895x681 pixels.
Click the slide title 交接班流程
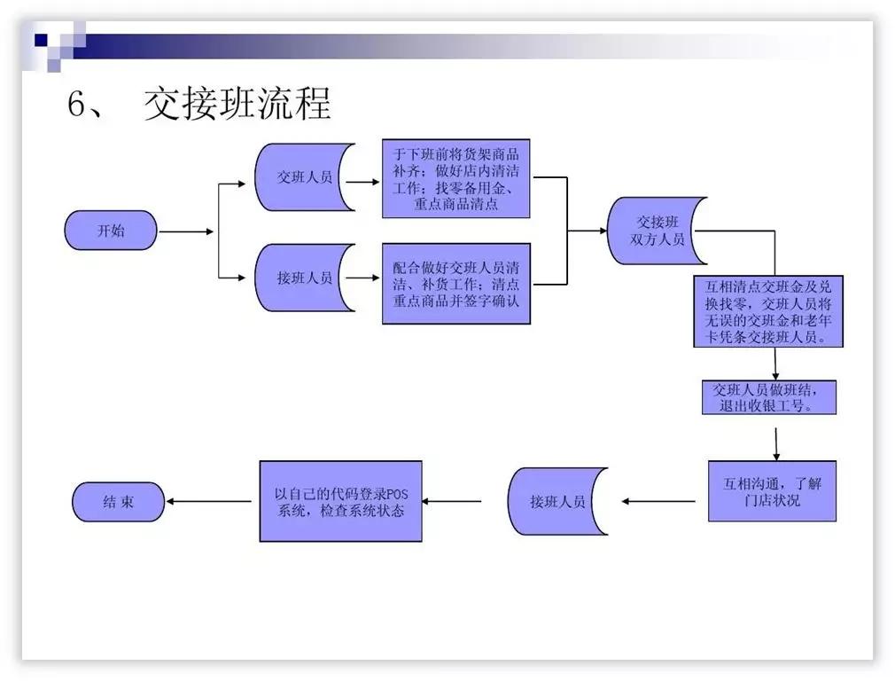click(x=237, y=105)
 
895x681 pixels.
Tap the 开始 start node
click(x=111, y=231)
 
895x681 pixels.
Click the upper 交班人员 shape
click(x=304, y=176)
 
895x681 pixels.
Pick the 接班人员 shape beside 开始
click(x=304, y=278)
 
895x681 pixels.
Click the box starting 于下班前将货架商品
click(x=455, y=178)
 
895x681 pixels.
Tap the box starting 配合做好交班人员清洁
click(x=455, y=283)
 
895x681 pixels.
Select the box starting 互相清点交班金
click(x=767, y=311)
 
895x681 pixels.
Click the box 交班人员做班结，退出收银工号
click(x=767, y=397)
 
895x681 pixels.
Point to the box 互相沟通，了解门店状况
click(x=772, y=491)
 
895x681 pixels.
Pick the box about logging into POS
click(x=340, y=501)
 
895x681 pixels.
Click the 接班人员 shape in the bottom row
click(x=557, y=502)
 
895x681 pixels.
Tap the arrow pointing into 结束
click(x=211, y=502)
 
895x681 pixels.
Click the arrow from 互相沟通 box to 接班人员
click(x=659, y=502)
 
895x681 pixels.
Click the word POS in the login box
click(x=409, y=493)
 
